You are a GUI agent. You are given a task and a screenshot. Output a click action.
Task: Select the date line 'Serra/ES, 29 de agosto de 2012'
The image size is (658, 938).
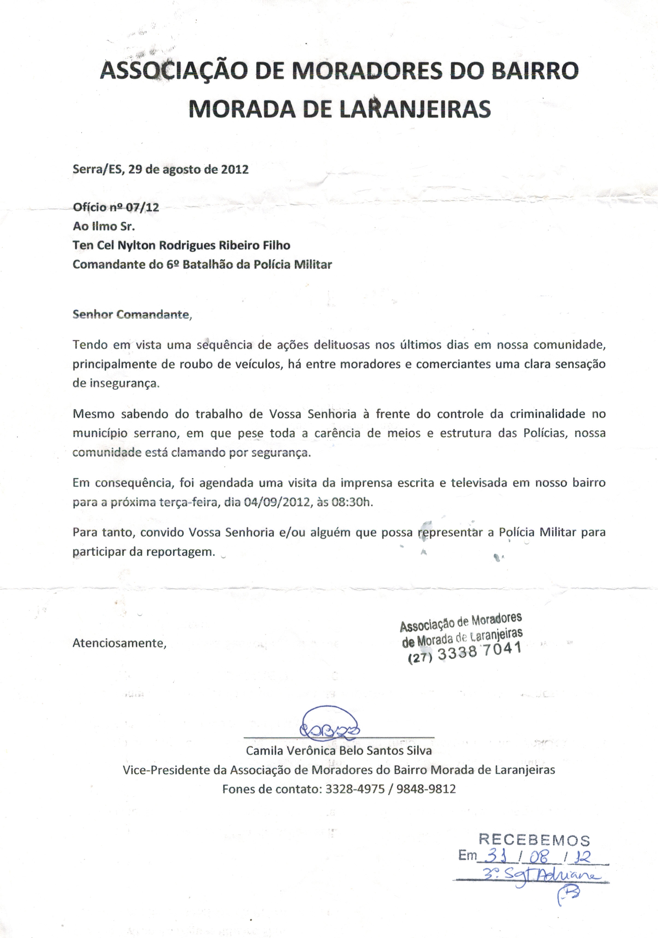[160, 169]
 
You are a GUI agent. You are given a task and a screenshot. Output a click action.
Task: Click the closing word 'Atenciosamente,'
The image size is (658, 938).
[119, 643]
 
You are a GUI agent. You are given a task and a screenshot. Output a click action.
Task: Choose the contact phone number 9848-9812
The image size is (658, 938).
[426, 789]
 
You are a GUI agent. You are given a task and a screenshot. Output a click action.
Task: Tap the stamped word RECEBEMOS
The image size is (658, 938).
[534, 840]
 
